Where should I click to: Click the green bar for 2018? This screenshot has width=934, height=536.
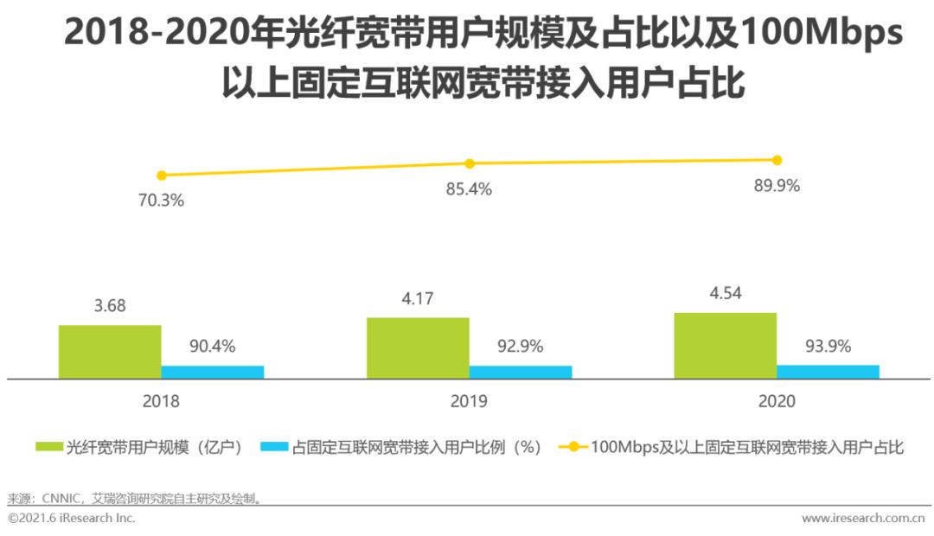(x=110, y=352)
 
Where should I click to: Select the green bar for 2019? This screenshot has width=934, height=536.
(x=418, y=348)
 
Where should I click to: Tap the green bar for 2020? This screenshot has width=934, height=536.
(x=726, y=345)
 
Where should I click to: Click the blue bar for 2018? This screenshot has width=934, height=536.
(x=213, y=372)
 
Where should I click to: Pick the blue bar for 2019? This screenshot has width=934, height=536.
(x=521, y=372)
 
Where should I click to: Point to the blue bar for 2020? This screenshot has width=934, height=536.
(x=828, y=371)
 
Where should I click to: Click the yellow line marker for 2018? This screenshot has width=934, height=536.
(x=161, y=175)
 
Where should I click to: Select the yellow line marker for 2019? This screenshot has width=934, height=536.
(x=470, y=163)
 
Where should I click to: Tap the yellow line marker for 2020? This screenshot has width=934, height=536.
(x=777, y=160)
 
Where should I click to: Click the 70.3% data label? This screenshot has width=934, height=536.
(x=161, y=201)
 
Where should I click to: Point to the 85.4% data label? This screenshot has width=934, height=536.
(x=469, y=189)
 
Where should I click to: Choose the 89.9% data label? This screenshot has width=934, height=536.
(x=776, y=185)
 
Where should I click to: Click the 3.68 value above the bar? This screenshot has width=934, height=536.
(x=110, y=307)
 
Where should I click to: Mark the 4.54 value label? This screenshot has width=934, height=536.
(x=726, y=294)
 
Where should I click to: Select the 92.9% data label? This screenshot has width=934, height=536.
(x=520, y=347)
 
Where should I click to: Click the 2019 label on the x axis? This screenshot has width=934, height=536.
(x=469, y=402)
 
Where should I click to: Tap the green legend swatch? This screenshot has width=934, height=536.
(x=49, y=447)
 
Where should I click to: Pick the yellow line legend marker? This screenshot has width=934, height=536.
(x=572, y=447)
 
